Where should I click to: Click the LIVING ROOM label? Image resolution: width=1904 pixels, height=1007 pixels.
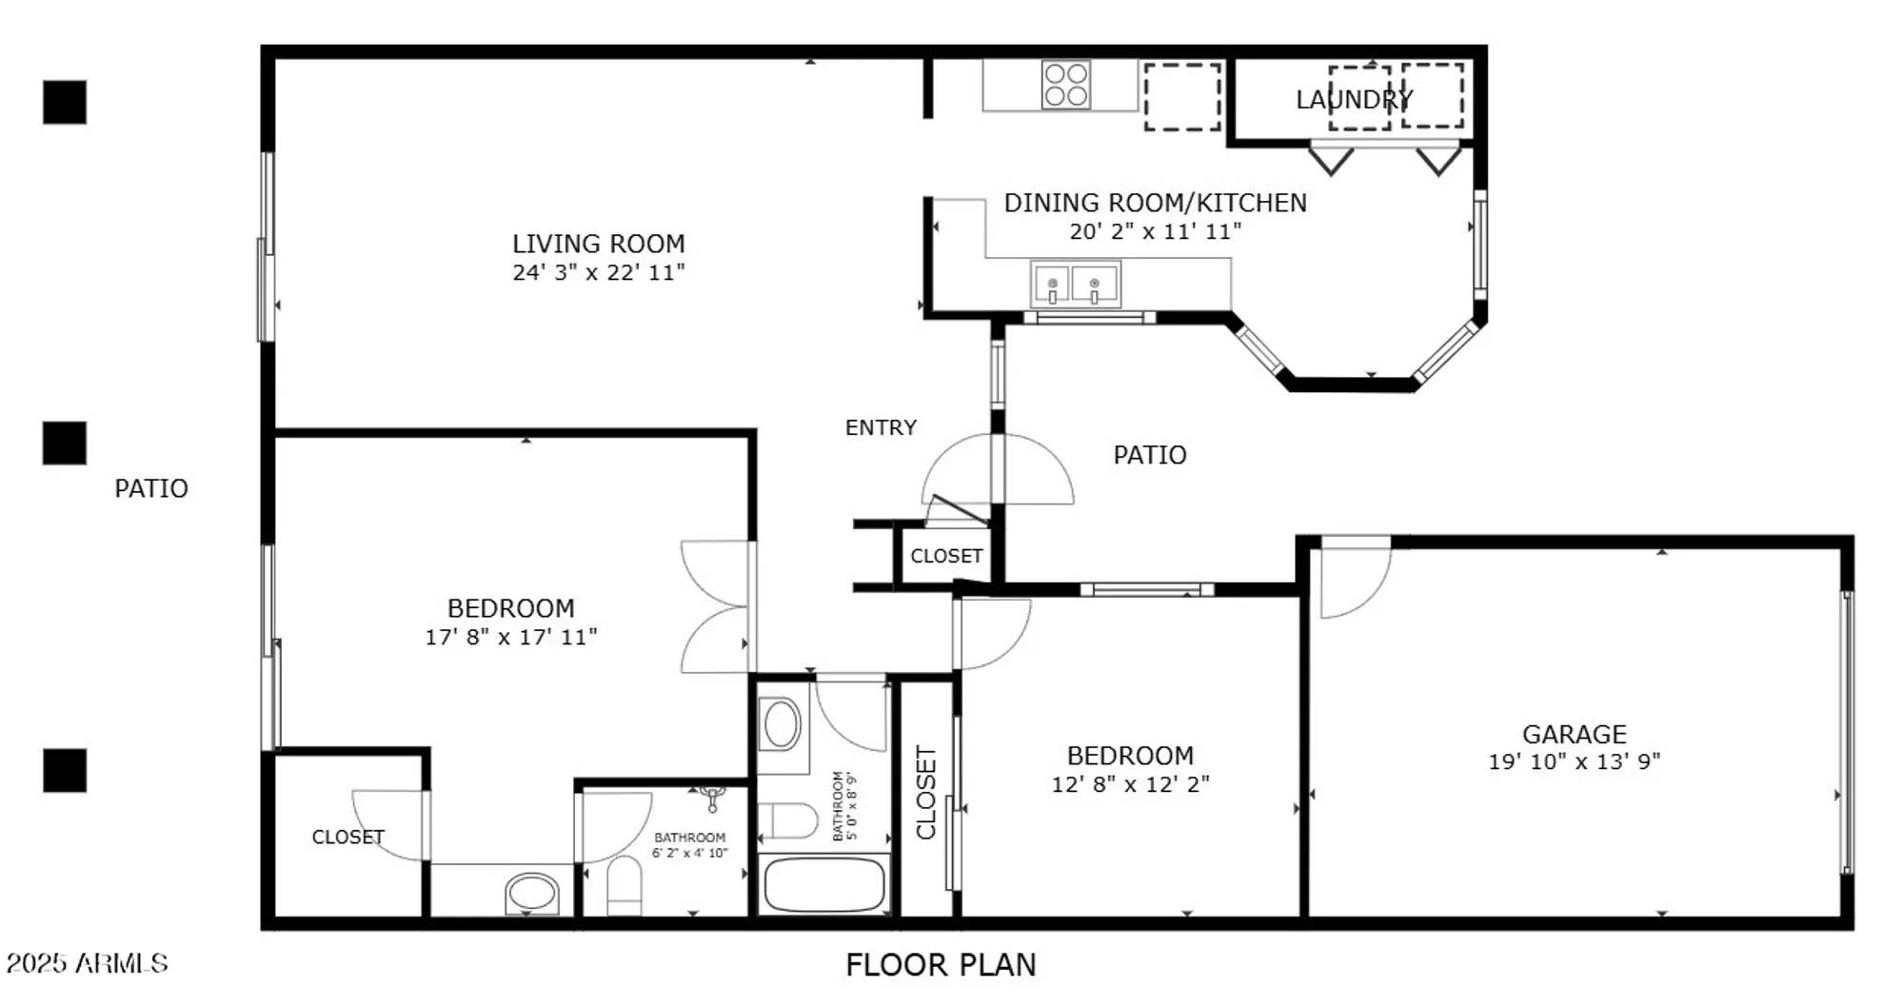tap(598, 244)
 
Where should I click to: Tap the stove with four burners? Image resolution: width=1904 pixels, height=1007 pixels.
tap(1065, 85)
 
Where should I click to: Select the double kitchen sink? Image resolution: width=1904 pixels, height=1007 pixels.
tap(1075, 285)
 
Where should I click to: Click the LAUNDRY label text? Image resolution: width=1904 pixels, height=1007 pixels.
tap(1354, 99)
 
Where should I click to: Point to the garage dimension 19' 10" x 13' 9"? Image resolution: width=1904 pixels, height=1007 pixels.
tap(1574, 761)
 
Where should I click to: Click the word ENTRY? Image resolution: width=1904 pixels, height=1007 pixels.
tap(881, 427)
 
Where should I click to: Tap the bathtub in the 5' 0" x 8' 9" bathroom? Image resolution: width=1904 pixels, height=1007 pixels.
tap(824, 885)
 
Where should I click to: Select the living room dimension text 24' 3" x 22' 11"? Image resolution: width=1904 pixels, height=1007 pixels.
tap(598, 273)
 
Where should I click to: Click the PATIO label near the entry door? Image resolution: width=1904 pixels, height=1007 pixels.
tap(1149, 455)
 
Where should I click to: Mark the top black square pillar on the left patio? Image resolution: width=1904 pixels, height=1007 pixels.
tap(65, 102)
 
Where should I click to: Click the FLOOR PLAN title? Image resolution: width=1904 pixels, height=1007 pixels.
tap(940, 965)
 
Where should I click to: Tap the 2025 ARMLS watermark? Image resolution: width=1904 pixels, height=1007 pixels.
tap(87, 963)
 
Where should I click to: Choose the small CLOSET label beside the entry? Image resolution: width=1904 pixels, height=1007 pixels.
tap(945, 556)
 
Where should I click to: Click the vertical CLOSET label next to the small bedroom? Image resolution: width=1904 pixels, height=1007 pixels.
tap(925, 792)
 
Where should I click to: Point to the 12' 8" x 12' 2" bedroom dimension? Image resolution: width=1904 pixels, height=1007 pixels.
tap(1130, 784)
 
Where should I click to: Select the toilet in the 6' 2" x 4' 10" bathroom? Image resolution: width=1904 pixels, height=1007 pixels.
tap(625, 885)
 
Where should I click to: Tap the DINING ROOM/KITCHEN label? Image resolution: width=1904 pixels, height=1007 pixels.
tap(1155, 203)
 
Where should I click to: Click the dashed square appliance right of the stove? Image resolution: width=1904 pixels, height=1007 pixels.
tap(1181, 96)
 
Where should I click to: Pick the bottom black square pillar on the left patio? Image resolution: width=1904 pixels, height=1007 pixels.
tap(65, 770)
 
